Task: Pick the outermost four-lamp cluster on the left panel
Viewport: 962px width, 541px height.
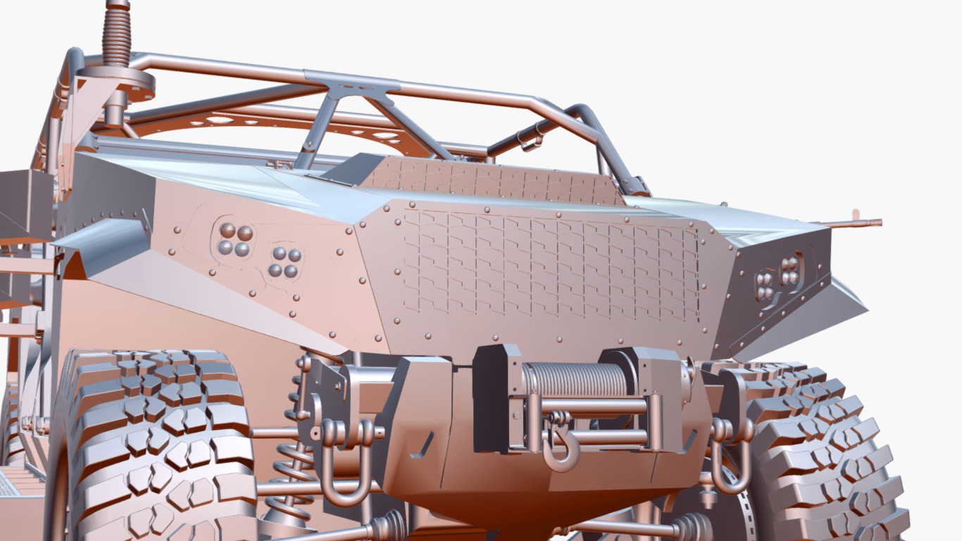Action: (235, 240)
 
